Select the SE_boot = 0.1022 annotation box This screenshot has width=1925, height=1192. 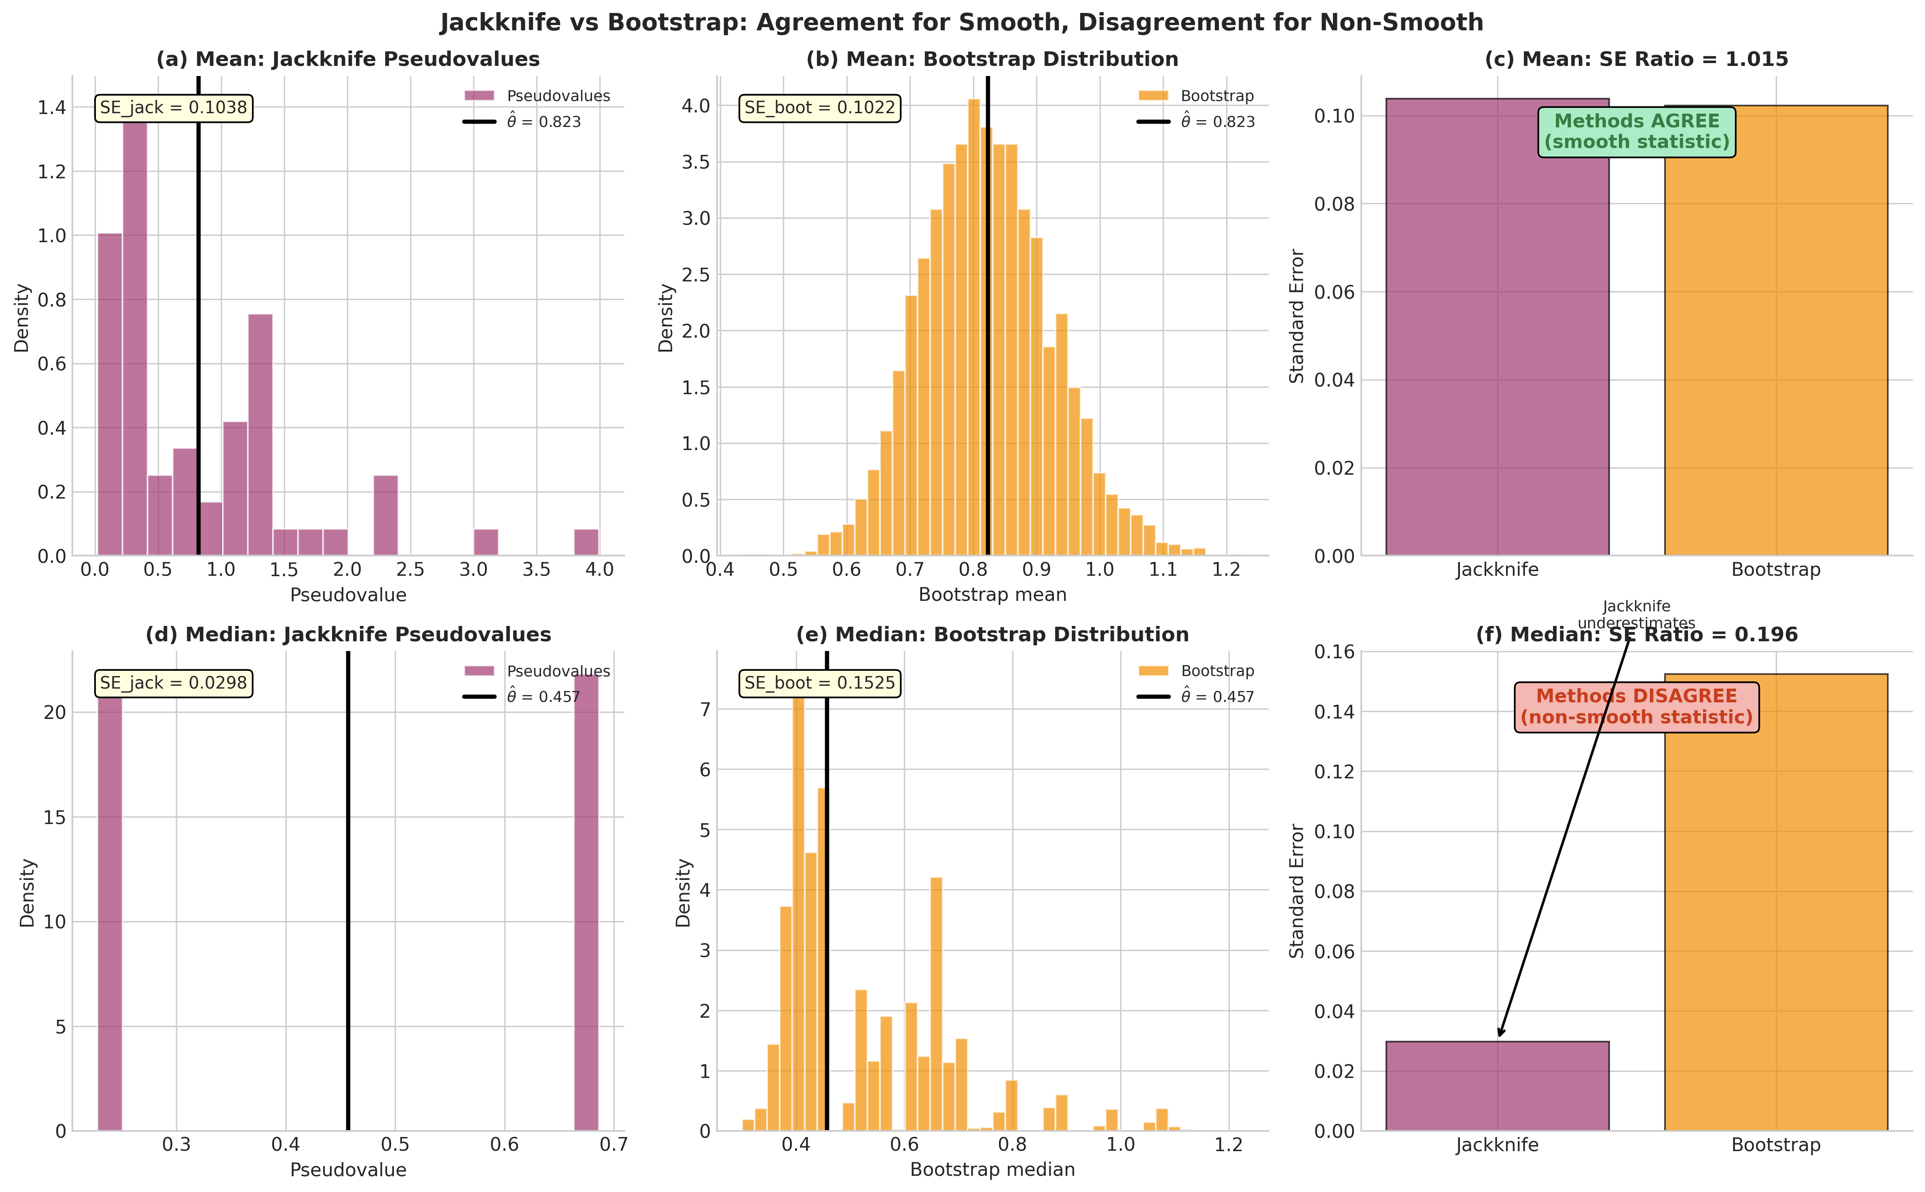click(820, 108)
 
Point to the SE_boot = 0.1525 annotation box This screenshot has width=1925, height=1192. click(820, 683)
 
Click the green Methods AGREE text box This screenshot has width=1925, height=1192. click(1637, 132)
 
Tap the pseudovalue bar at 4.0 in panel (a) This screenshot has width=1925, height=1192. click(586, 542)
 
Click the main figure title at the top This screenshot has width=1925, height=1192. click(962, 22)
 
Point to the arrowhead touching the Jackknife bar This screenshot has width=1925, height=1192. click(1500, 1035)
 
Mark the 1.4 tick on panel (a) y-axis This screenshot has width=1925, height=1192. click(52, 107)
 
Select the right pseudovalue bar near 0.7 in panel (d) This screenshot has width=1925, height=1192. click(586, 902)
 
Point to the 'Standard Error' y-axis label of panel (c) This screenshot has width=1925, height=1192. click(1297, 316)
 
